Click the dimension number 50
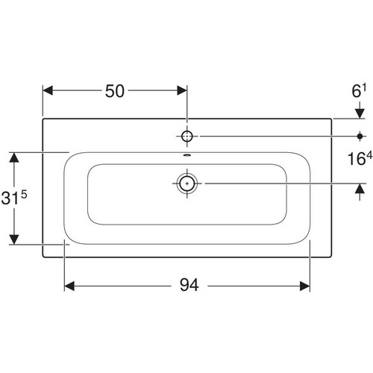pos(115,91)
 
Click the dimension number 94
pos(189,285)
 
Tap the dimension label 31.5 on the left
pos(14,198)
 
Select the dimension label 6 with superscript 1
pos(359,91)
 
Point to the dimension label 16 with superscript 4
pos(360,158)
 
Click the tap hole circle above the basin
pos(186,137)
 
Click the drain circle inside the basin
pos(187,184)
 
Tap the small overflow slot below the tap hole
pos(186,155)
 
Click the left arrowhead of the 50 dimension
pos(48,90)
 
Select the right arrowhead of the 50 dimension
pos(182,90)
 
